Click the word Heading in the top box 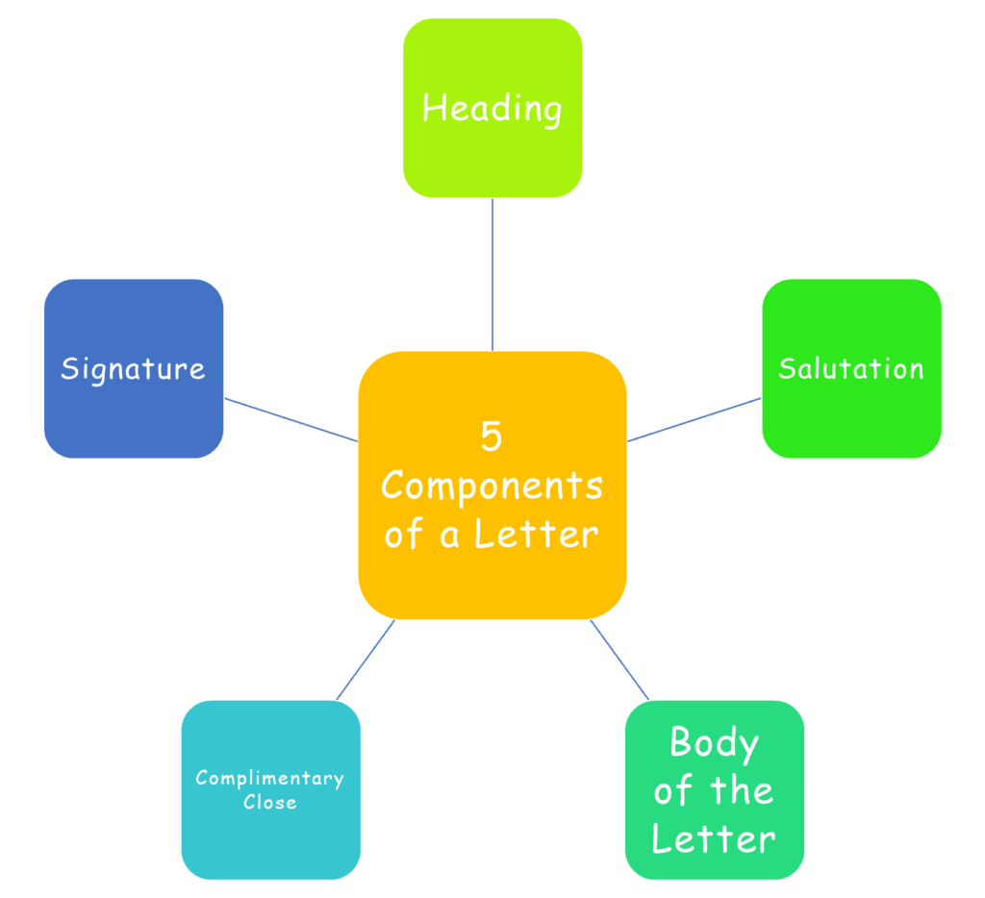[x=492, y=109]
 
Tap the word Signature [x=133, y=368]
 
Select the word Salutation [x=851, y=368]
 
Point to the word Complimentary [x=269, y=779]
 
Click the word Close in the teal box [x=269, y=802]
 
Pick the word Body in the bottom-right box [x=714, y=743]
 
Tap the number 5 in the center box [x=492, y=437]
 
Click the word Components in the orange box [x=492, y=486]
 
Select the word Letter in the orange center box [x=545, y=534]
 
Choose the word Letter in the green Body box [x=714, y=838]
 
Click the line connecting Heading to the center [x=492, y=274]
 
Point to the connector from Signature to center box [x=290, y=420]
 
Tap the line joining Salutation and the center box [x=694, y=420]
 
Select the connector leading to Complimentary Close [x=366, y=661]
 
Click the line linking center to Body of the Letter [x=619, y=661]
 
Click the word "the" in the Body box [x=741, y=791]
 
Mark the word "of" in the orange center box [x=404, y=534]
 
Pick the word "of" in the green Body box [x=672, y=791]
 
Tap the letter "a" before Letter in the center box [x=449, y=536]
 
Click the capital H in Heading [x=434, y=108]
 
